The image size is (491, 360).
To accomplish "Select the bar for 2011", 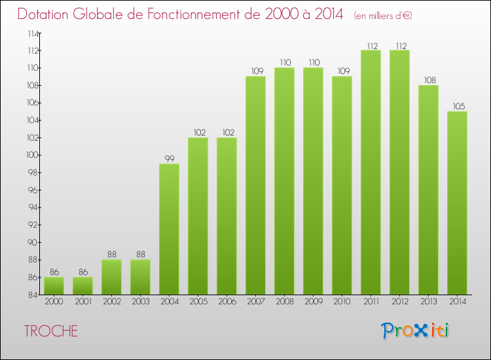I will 371,173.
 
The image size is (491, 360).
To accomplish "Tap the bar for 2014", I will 457,203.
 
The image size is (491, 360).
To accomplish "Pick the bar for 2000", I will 54,286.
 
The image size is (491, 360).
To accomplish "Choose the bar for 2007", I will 255,186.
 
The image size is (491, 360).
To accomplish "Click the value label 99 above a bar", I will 169,158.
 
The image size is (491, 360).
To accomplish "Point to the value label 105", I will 457,106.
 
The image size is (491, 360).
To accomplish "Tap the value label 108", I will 428,80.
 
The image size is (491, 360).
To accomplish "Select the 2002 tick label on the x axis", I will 111,302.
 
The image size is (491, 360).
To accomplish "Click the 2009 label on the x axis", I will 313,302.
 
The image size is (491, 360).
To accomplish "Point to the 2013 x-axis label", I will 428,302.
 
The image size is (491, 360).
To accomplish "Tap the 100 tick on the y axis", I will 31,155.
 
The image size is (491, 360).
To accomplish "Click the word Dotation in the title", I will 45,14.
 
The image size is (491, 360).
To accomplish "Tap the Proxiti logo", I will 414,331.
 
